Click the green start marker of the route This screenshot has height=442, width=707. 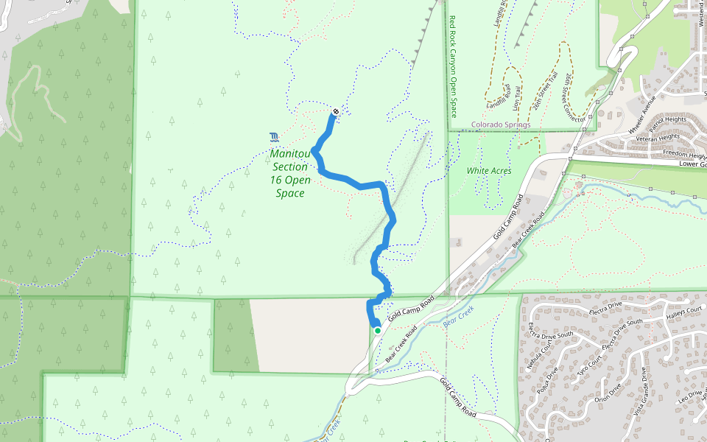click(378, 331)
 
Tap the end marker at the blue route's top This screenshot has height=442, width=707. click(336, 112)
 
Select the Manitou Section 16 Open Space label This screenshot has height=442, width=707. click(289, 173)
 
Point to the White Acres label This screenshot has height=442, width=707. click(488, 171)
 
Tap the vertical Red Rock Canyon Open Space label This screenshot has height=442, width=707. click(453, 67)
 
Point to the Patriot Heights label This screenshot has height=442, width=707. click(667, 119)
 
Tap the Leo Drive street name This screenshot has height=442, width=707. click(690, 396)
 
